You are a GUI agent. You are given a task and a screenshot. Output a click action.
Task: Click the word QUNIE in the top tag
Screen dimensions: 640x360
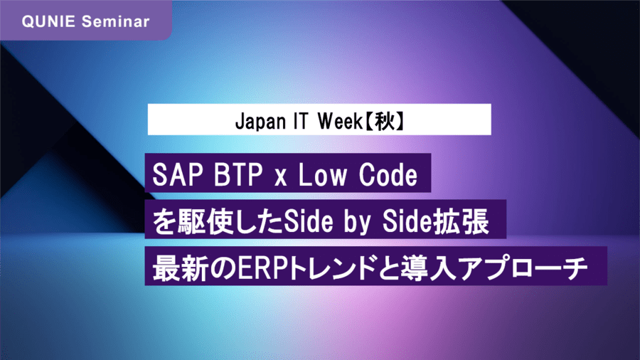[x=48, y=21]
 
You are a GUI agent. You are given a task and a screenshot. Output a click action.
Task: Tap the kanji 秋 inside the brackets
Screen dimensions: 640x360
[x=385, y=121]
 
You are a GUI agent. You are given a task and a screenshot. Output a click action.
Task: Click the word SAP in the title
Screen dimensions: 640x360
[x=178, y=175]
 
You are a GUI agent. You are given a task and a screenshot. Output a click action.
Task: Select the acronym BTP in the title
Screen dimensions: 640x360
[x=238, y=175]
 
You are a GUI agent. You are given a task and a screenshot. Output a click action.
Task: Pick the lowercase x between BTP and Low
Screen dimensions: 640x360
[x=280, y=179]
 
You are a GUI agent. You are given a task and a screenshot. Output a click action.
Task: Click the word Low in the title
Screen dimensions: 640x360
[x=322, y=175]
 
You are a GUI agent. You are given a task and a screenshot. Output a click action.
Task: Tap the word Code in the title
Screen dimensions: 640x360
[x=388, y=175]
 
